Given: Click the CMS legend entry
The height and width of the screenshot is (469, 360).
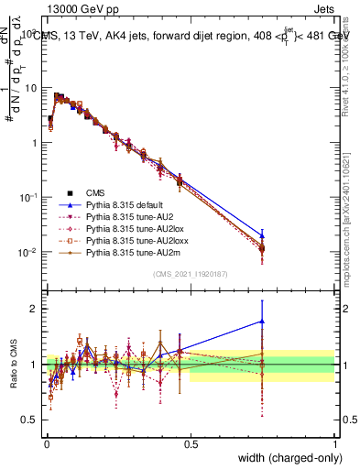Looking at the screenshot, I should (x=95, y=192).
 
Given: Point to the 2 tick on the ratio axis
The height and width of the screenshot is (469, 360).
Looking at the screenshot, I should (x=34, y=309).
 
